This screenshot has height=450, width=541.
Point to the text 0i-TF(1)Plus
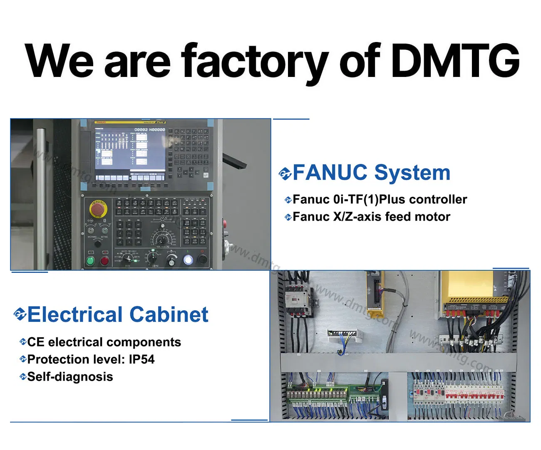pyautogui.click(x=361, y=200)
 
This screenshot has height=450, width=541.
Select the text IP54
pyautogui.click(x=141, y=359)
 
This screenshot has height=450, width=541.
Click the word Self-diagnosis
pyautogui.click(x=70, y=377)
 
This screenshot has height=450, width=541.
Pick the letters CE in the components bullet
pyautogui.click(x=35, y=342)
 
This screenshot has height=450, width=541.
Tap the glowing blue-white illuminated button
pyautogui.click(x=188, y=260)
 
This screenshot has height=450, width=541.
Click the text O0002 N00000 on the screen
pyautogui.click(x=149, y=130)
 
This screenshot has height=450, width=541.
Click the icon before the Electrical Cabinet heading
pyautogui.click(x=20, y=314)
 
